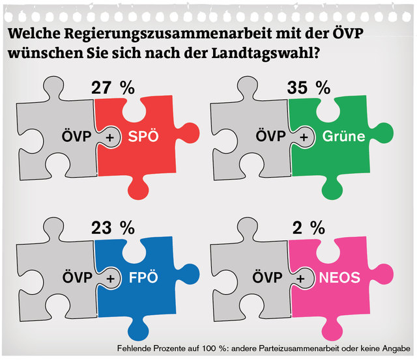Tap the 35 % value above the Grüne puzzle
(x=308, y=89)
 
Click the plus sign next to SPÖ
(x=109, y=137)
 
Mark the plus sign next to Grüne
(x=304, y=137)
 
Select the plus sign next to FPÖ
(x=110, y=278)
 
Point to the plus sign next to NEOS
(x=301, y=278)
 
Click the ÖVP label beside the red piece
(x=76, y=137)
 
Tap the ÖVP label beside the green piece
(x=270, y=137)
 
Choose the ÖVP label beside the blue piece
(x=76, y=278)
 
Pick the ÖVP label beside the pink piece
(x=267, y=278)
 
